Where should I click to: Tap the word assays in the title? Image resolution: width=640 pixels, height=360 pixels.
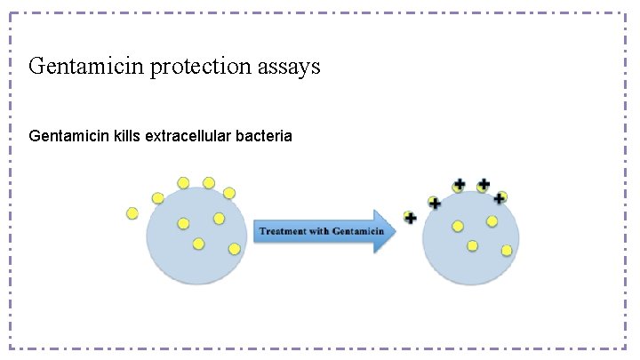pyautogui.click(x=288, y=67)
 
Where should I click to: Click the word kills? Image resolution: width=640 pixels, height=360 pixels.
pyautogui.click(x=130, y=137)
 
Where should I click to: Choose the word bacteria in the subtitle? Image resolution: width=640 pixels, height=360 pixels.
pyautogui.click(x=266, y=137)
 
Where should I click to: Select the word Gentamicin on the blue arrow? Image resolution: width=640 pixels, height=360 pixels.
pyautogui.click(x=355, y=231)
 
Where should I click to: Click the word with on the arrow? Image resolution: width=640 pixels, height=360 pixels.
pyautogui.click(x=316, y=231)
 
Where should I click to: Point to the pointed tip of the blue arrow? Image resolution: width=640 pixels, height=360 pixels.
pyautogui.click(x=396, y=231)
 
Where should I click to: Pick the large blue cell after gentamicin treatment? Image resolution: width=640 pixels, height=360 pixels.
pyautogui.click(x=470, y=238)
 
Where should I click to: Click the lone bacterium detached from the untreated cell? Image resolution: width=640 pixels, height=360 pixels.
pyautogui.click(x=132, y=212)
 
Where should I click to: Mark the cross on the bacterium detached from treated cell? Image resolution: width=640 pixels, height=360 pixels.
pyautogui.click(x=411, y=217)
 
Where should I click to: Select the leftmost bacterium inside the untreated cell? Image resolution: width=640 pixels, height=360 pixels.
pyautogui.click(x=183, y=223)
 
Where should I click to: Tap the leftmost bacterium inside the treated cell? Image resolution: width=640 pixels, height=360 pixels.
pyautogui.click(x=458, y=226)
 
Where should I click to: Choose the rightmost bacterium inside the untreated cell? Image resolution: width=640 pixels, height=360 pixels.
pyautogui.click(x=235, y=249)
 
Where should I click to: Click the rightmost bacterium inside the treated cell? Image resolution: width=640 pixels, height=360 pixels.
pyautogui.click(x=507, y=251)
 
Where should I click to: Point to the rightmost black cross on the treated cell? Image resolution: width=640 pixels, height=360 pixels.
pyautogui.click(x=500, y=197)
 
